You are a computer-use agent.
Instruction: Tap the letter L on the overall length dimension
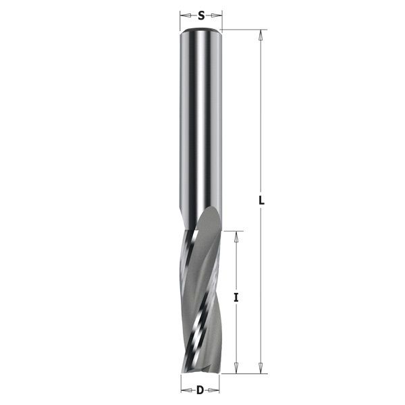pyautogui.click(x=262, y=200)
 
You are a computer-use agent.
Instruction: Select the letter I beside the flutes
pyautogui.click(x=237, y=297)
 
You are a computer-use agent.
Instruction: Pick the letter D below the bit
pyautogui.click(x=200, y=389)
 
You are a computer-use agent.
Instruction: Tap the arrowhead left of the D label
pyautogui.click(x=186, y=389)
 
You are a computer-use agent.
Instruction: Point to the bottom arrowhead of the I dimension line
pyautogui.click(x=237, y=369)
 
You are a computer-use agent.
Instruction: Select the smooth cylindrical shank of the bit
pyautogui.click(x=201, y=122)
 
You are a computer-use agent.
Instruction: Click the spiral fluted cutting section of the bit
pyautogui.click(x=200, y=297)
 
